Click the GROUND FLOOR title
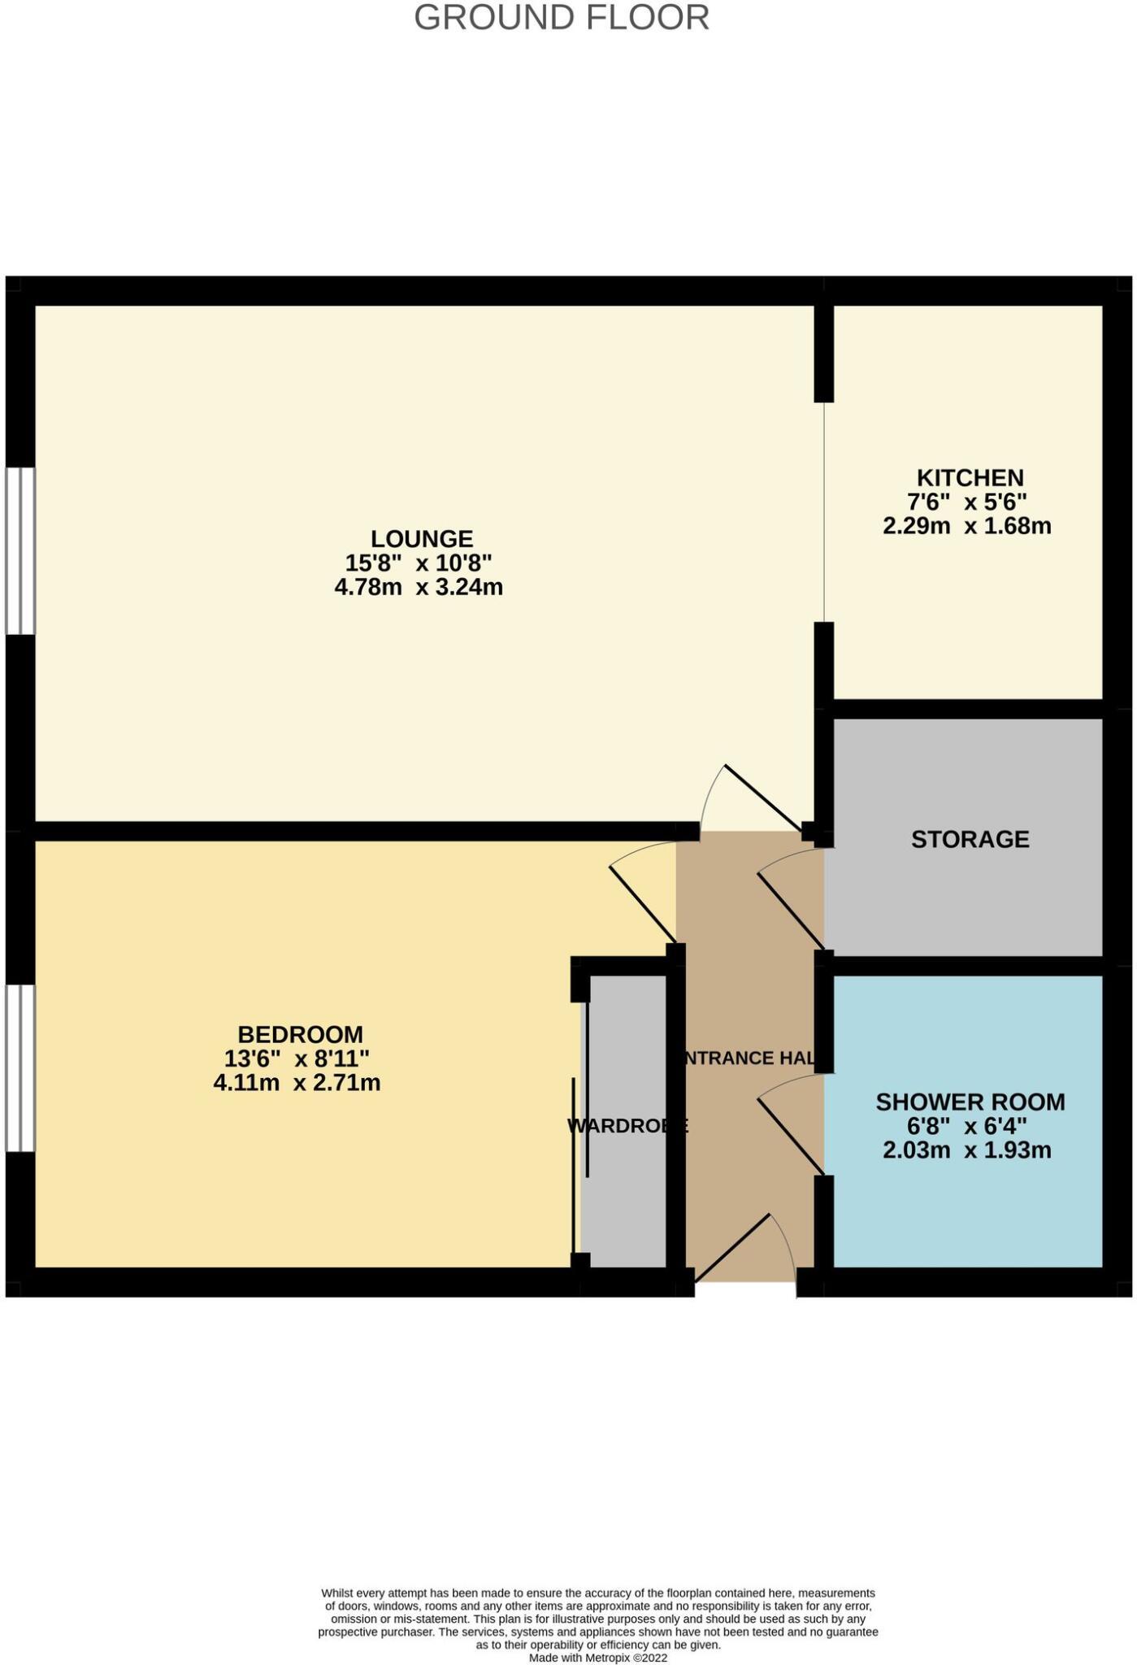point(562,18)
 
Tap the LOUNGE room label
point(422,539)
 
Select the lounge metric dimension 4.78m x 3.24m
point(419,587)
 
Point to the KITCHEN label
point(970,477)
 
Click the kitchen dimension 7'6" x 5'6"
point(967,502)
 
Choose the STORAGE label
point(970,839)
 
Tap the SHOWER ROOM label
point(970,1102)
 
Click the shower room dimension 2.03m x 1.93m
point(967,1150)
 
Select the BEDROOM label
point(300,1035)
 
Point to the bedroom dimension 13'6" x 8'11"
point(297,1059)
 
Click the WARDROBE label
point(627,1126)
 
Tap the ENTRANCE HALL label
point(748,1058)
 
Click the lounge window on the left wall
point(20,550)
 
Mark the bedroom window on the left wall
point(20,1068)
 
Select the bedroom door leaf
point(642,906)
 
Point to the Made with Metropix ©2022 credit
point(597,1658)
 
